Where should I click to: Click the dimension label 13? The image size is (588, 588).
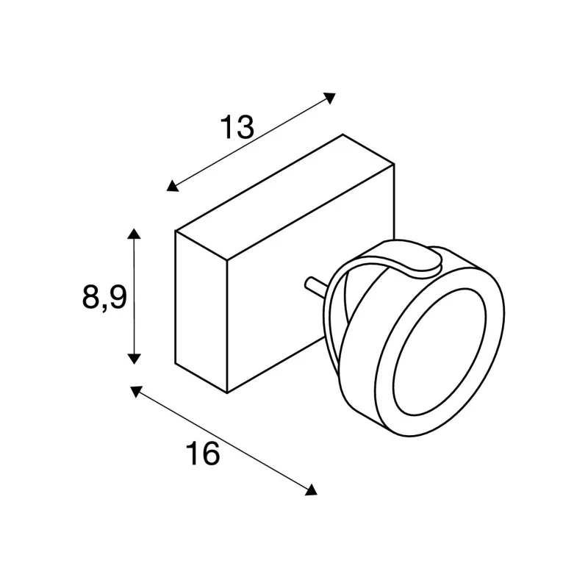237,129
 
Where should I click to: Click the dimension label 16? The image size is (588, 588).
202,455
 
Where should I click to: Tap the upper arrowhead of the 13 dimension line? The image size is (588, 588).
331,96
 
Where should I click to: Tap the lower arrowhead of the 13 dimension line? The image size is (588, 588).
172,186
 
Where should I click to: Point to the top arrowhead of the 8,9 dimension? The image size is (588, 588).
133,234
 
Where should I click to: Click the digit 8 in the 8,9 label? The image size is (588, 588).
90,297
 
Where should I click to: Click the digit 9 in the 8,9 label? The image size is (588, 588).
118,297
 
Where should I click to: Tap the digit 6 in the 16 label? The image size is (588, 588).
210,455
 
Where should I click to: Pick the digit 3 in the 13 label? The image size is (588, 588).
245,129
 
